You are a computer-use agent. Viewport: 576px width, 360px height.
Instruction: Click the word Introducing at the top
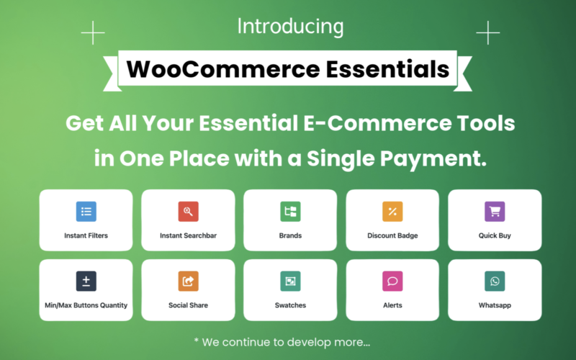290,27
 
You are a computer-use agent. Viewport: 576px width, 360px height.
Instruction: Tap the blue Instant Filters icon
86,212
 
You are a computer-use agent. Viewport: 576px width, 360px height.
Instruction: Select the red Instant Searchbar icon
188,212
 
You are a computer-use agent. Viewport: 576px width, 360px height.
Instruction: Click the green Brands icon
290,212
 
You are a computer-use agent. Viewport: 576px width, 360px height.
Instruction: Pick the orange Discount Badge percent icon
392,212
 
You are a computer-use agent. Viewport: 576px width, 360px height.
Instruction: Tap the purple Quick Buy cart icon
495,212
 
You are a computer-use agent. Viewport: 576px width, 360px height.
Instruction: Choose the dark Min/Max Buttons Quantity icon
86,281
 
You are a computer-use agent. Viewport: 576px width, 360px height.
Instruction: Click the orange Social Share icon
188,281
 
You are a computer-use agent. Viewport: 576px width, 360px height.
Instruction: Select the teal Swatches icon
290,281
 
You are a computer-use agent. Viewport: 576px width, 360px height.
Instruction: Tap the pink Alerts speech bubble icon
392,281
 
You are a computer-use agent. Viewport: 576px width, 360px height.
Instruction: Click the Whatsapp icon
495,281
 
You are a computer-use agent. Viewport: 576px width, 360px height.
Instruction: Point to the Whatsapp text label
495,305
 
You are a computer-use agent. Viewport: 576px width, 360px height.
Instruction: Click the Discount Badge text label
392,235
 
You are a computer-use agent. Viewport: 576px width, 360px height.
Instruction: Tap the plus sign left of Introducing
93,32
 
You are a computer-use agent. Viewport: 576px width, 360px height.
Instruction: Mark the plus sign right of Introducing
487,32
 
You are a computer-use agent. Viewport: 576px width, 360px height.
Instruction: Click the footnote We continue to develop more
287,341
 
